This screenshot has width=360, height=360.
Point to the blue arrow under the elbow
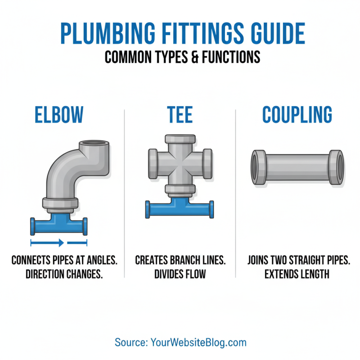point(48,243)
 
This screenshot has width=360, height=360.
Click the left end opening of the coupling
point(257,168)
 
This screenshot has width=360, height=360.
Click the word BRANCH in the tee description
point(182,260)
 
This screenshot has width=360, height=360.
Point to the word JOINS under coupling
point(260,260)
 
